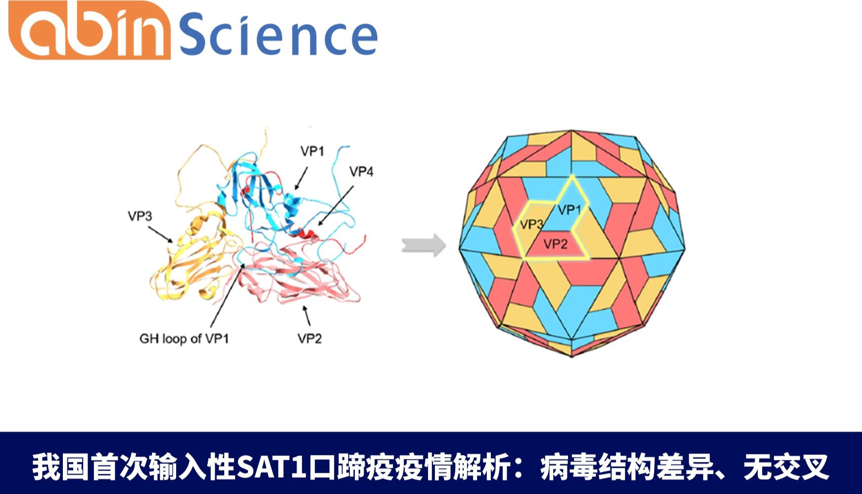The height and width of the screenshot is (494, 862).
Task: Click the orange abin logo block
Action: point(90,30)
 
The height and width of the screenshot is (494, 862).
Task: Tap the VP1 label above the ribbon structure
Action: point(312,151)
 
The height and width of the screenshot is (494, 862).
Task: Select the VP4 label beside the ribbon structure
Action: point(361,172)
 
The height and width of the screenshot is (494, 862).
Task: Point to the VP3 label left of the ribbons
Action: point(140,216)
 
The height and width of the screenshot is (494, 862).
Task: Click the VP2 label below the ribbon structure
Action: point(310,339)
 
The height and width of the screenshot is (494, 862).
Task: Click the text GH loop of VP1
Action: point(184,339)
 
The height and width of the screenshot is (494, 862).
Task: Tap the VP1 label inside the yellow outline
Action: point(570,210)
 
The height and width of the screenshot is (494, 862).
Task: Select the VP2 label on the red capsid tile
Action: point(555,244)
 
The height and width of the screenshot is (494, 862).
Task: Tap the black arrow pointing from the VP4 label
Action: point(335,206)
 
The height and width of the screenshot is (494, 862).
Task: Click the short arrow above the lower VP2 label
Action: point(307,316)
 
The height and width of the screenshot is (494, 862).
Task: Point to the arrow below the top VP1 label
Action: point(301,178)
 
